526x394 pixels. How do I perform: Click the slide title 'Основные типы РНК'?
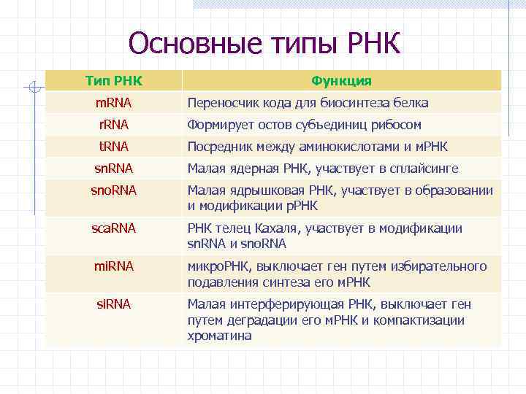pos(264,43)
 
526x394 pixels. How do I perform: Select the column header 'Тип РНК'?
pos(113,80)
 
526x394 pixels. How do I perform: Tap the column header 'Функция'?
pos(341,80)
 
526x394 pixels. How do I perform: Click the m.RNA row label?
pos(113,103)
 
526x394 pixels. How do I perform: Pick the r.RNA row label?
pos(113,125)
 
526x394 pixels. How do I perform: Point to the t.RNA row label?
pos(113,147)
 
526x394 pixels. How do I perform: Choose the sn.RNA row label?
pos(113,169)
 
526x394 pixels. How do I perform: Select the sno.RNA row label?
pos(113,190)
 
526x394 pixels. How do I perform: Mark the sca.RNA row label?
pos(113,228)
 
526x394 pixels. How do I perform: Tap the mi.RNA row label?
pos(113,266)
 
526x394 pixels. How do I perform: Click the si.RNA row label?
pos(113,304)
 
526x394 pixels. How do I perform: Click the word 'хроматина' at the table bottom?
pos(219,336)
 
